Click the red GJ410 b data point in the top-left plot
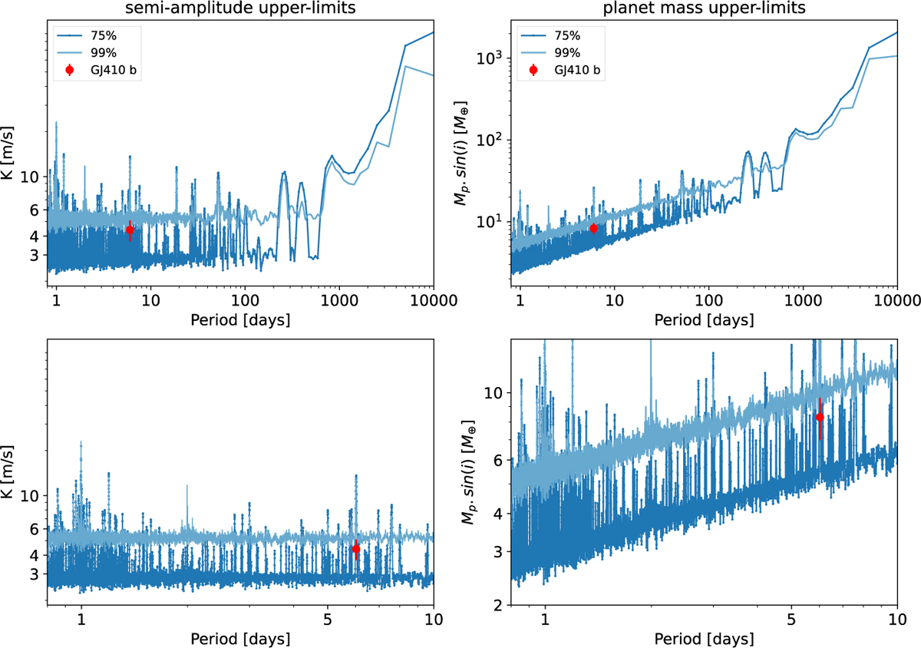click(130, 230)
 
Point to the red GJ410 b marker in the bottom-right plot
click(820, 417)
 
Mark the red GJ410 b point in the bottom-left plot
click(356, 549)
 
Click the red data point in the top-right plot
click(593, 228)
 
